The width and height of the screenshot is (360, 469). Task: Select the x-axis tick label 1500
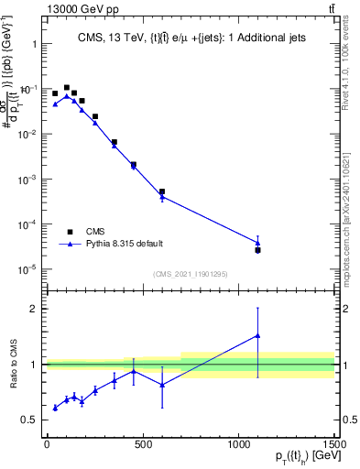click(x=332, y=443)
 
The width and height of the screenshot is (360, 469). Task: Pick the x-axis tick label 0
click(x=47, y=443)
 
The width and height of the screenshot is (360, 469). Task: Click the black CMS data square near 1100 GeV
click(x=258, y=250)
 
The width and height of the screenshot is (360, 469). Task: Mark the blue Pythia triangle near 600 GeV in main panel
click(x=162, y=197)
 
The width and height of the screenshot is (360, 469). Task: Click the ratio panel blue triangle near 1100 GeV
click(x=258, y=335)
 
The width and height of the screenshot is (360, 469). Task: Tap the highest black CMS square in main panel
click(x=67, y=88)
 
